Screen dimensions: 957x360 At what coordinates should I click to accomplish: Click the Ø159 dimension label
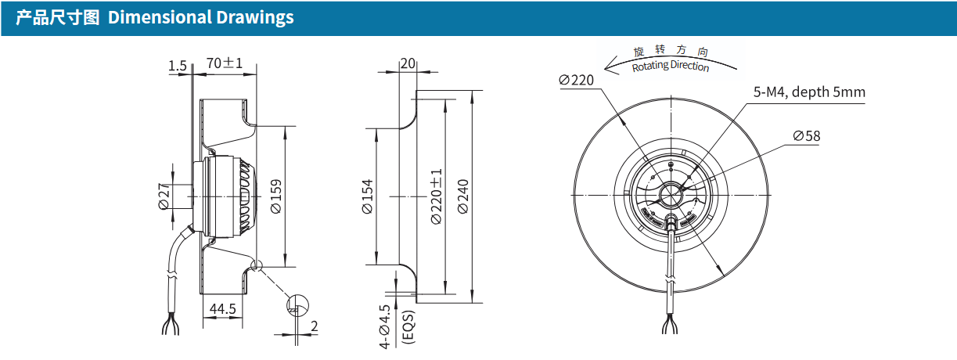[276, 196]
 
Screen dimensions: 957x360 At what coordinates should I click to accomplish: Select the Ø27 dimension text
[164, 196]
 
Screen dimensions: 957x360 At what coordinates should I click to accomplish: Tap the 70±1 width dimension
[225, 63]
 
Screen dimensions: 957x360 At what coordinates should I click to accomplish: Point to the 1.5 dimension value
[178, 66]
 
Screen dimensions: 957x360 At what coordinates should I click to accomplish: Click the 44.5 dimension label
[222, 309]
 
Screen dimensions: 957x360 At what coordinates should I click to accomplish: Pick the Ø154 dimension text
[368, 196]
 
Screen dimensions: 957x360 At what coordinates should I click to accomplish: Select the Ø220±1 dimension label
[436, 196]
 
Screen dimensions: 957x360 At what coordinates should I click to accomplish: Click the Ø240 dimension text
[463, 196]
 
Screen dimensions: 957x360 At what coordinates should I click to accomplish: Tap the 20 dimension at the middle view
[408, 63]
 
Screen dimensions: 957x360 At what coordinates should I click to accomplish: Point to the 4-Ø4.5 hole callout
[385, 326]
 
